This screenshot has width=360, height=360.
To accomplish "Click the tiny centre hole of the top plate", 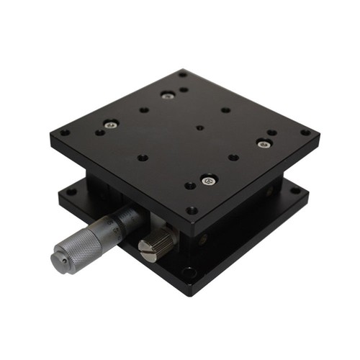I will [199, 128].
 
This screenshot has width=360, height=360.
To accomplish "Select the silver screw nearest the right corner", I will [262, 143].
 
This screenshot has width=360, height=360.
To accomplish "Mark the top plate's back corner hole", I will [183, 73].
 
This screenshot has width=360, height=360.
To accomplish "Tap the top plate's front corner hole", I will [192, 210].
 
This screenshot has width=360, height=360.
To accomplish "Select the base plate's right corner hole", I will [294, 191].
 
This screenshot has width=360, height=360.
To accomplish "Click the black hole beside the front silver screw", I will [189, 186].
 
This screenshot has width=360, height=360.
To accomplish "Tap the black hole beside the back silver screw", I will [184, 90].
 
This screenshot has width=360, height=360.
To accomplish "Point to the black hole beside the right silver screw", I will [271, 133].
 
